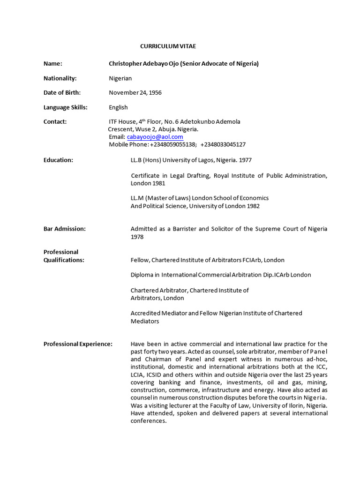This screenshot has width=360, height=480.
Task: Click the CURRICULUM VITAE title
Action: click(168, 46)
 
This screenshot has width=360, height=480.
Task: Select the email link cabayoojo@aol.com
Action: click(155, 137)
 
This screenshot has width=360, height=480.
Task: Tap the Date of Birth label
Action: click(62, 93)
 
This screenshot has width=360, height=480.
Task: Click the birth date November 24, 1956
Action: click(135, 93)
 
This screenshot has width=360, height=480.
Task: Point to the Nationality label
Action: click(60, 78)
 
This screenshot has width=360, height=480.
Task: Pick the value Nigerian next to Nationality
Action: click(120, 78)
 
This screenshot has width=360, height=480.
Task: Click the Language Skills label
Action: click(66, 107)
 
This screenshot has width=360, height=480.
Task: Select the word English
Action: click(118, 107)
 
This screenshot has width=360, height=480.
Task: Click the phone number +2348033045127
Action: click(223, 144)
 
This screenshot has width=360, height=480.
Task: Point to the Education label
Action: click(58, 160)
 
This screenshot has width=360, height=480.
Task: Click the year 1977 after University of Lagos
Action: click(245, 160)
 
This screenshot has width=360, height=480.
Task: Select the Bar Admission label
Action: click(65, 229)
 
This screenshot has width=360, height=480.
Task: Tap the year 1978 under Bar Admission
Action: click(137, 237)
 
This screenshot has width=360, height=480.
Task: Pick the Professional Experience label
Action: click(78, 344)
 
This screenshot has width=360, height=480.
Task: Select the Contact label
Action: click(55, 121)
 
